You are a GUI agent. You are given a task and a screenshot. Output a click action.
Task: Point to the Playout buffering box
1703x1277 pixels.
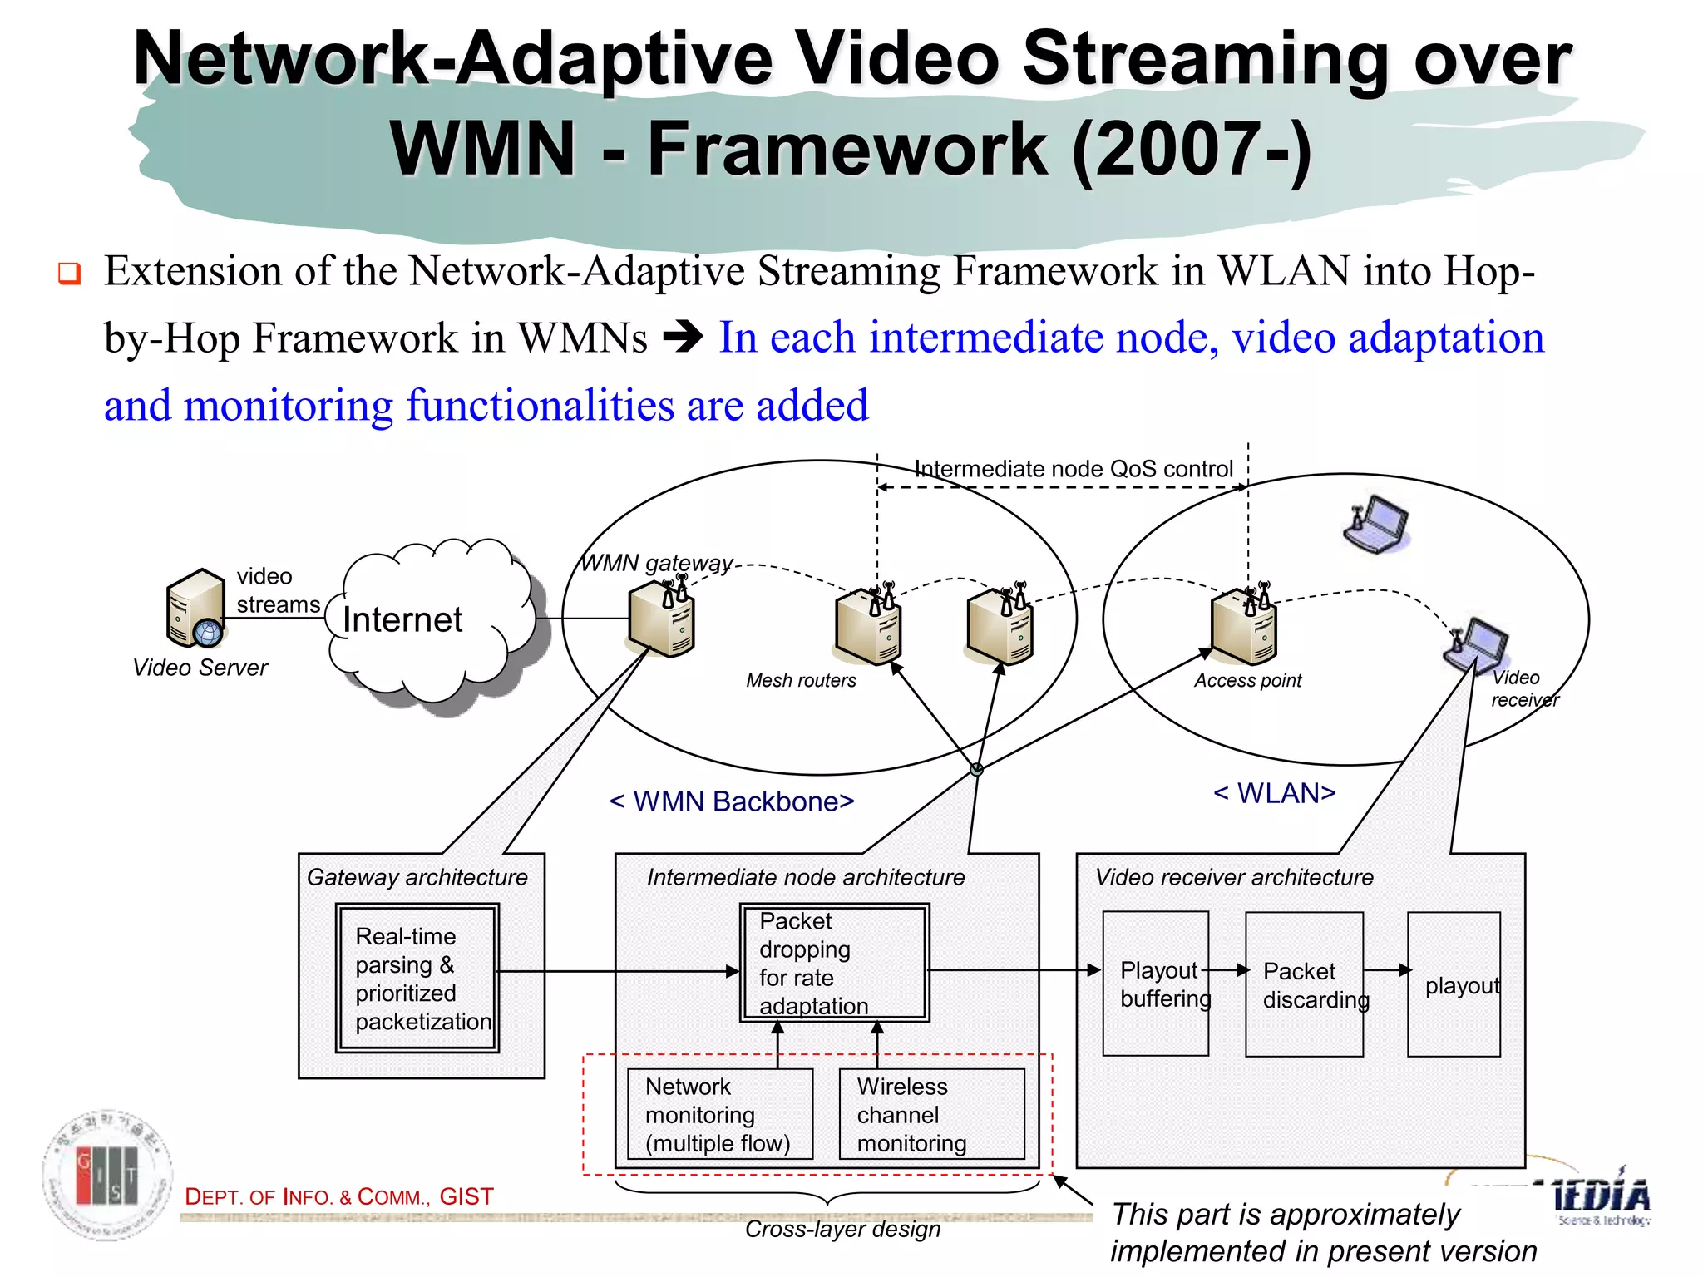point(1156,984)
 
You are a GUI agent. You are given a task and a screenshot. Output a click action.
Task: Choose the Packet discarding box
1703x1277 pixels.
point(1304,984)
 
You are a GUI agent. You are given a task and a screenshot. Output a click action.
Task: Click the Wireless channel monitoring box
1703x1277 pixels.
point(931,1114)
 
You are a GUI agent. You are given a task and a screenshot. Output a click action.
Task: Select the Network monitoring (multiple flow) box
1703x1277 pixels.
point(719,1114)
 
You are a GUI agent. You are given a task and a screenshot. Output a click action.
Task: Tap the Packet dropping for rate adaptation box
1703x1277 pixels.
point(834,963)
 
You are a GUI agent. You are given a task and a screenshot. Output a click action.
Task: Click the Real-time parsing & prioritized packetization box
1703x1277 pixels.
point(417,979)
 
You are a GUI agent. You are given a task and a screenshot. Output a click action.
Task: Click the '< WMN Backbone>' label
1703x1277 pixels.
point(732,801)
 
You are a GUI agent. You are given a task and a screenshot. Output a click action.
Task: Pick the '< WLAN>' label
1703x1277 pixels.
point(1274,793)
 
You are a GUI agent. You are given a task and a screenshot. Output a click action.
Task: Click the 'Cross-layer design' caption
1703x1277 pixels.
point(842,1229)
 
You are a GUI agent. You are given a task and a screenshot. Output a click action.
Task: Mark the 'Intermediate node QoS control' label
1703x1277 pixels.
point(1073,469)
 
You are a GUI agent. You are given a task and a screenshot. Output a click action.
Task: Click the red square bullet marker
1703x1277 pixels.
point(69,273)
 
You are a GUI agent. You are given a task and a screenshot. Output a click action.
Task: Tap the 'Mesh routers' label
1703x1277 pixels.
point(801,681)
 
